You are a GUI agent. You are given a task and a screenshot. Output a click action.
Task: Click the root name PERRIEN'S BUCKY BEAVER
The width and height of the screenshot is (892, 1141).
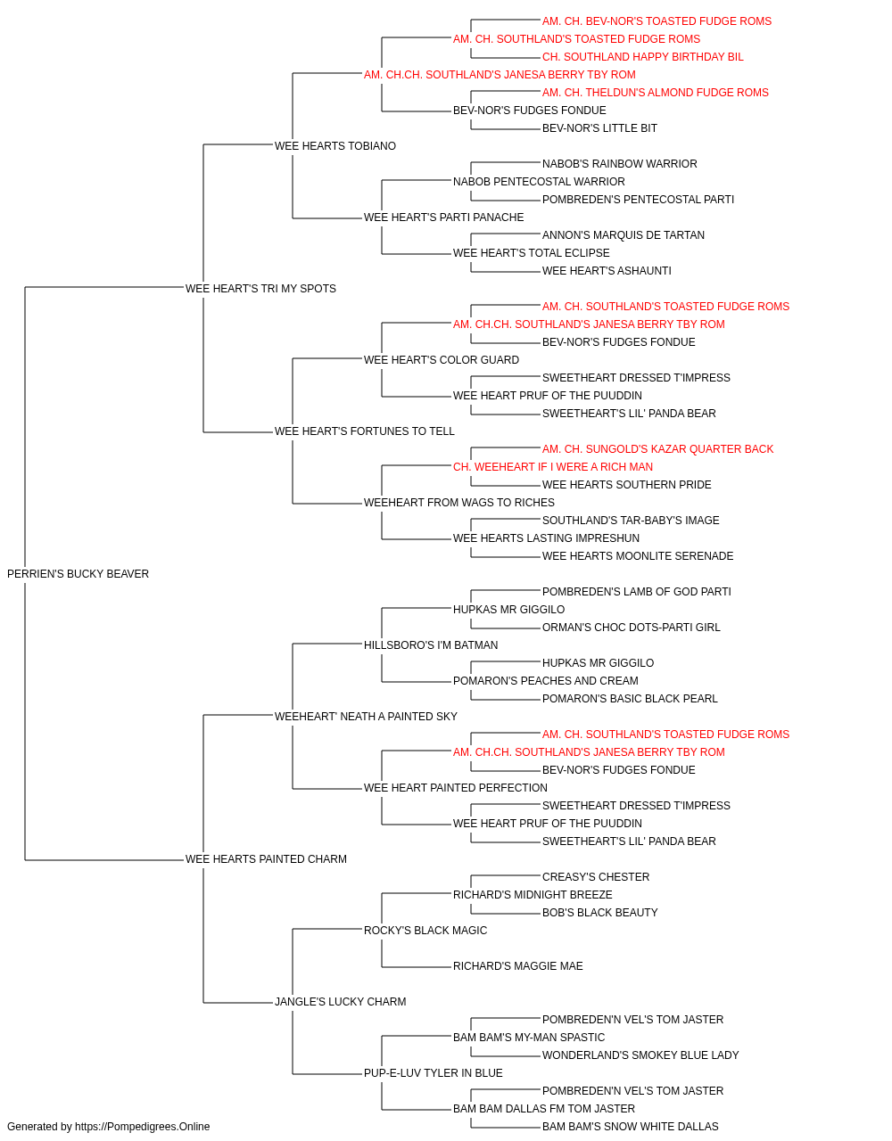pyautogui.click(x=78, y=573)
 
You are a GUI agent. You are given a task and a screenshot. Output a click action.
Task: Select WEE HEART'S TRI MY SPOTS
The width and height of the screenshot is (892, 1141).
pyautogui.click(x=260, y=288)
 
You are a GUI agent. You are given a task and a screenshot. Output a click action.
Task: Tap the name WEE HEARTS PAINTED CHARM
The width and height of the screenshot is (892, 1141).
pyautogui.click(x=266, y=859)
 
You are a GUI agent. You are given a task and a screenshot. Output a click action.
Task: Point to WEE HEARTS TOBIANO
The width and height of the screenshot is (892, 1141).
pyautogui.click(x=335, y=146)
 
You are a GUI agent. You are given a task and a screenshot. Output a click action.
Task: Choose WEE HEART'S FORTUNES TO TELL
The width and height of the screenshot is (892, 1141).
pyautogui.click(x=365, y=431)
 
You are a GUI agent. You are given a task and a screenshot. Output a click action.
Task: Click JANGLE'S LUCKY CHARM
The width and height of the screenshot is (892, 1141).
pyautogui.click(x=341, y=1001)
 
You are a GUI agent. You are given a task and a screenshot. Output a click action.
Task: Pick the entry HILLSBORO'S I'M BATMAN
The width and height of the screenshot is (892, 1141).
pyautogui.click(x=431, y=644)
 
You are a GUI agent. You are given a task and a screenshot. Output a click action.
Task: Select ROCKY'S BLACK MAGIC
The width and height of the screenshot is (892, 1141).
pyautogui.click(x=425, y=930)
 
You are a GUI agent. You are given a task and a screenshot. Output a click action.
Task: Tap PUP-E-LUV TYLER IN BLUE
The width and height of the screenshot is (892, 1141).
pyautogui.click(x=434, y=1072)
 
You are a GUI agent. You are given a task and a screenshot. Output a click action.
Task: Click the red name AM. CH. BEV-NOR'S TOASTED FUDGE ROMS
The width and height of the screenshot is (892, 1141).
pyautogui.click(x=657, y=21)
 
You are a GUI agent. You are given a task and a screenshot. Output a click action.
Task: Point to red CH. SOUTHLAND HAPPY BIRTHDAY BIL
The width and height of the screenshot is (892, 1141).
pyautogui.click(x=643, y=57)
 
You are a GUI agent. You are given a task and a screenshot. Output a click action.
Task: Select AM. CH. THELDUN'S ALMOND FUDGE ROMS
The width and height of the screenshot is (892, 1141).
pyautogui.click(x=656, y=93)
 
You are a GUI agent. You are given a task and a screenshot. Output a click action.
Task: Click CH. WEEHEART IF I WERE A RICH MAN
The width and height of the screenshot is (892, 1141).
pyautogui.click(x=553, y=467)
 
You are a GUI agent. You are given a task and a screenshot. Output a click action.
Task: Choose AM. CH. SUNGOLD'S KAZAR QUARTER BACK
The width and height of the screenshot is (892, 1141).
pyautogui.click(x=657, y=449)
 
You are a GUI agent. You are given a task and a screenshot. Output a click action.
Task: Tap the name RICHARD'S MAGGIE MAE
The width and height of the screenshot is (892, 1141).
pyautogui.click(x=518, y=965)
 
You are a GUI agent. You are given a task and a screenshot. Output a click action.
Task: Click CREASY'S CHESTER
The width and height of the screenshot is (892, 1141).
pyautogui.click(x=596, y=877)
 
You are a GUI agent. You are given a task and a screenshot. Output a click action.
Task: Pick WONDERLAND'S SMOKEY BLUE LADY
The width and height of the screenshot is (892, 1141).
pyautogui.click(x=640, y=1055)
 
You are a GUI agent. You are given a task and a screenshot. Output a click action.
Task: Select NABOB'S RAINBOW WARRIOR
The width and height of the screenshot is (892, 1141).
pyautogui.click(x=620, y=164)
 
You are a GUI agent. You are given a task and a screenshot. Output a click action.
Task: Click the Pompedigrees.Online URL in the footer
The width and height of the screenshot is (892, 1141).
pyautogui.click(x=143, y=1127)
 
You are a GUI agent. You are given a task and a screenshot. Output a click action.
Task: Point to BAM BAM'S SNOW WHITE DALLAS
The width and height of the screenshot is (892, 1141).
pyautogui.click(x=631, y=1127)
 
